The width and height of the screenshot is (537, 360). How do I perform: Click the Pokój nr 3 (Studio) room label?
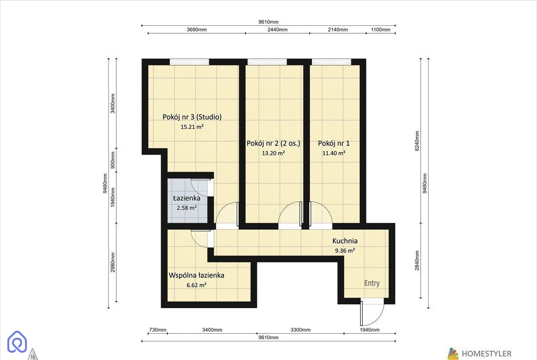coord(192,117)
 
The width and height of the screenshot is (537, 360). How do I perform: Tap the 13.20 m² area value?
coord(273,153)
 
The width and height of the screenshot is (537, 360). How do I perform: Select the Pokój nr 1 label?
coord(334,143)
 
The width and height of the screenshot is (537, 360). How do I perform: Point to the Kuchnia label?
coord(345,241)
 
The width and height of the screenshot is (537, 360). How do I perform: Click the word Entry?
coord(372,283)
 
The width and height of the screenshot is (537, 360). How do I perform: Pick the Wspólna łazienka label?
coord(197,275)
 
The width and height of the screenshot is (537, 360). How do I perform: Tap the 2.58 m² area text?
coord(186,208)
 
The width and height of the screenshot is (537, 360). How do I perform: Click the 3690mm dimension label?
coord(197,29)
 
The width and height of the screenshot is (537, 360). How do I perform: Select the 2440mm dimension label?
coord(277,29)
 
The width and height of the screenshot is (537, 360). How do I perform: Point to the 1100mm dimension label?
coord(380,29)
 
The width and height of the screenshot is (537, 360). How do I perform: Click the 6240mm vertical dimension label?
coord(417,140)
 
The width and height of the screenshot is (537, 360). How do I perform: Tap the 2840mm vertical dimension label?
coord(417,260)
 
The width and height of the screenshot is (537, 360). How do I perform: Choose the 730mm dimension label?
coord(158,330)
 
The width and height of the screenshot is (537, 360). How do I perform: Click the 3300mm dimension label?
coord(300,330)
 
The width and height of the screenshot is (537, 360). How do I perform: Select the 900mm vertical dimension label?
coord(113,160)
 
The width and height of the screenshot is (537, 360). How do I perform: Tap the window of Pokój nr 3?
coord(189,61)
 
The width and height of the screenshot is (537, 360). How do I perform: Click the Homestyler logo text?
coord(486,354)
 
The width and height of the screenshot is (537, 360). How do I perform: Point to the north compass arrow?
coord(33,355)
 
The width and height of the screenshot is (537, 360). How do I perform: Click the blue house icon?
coord(17,341)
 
